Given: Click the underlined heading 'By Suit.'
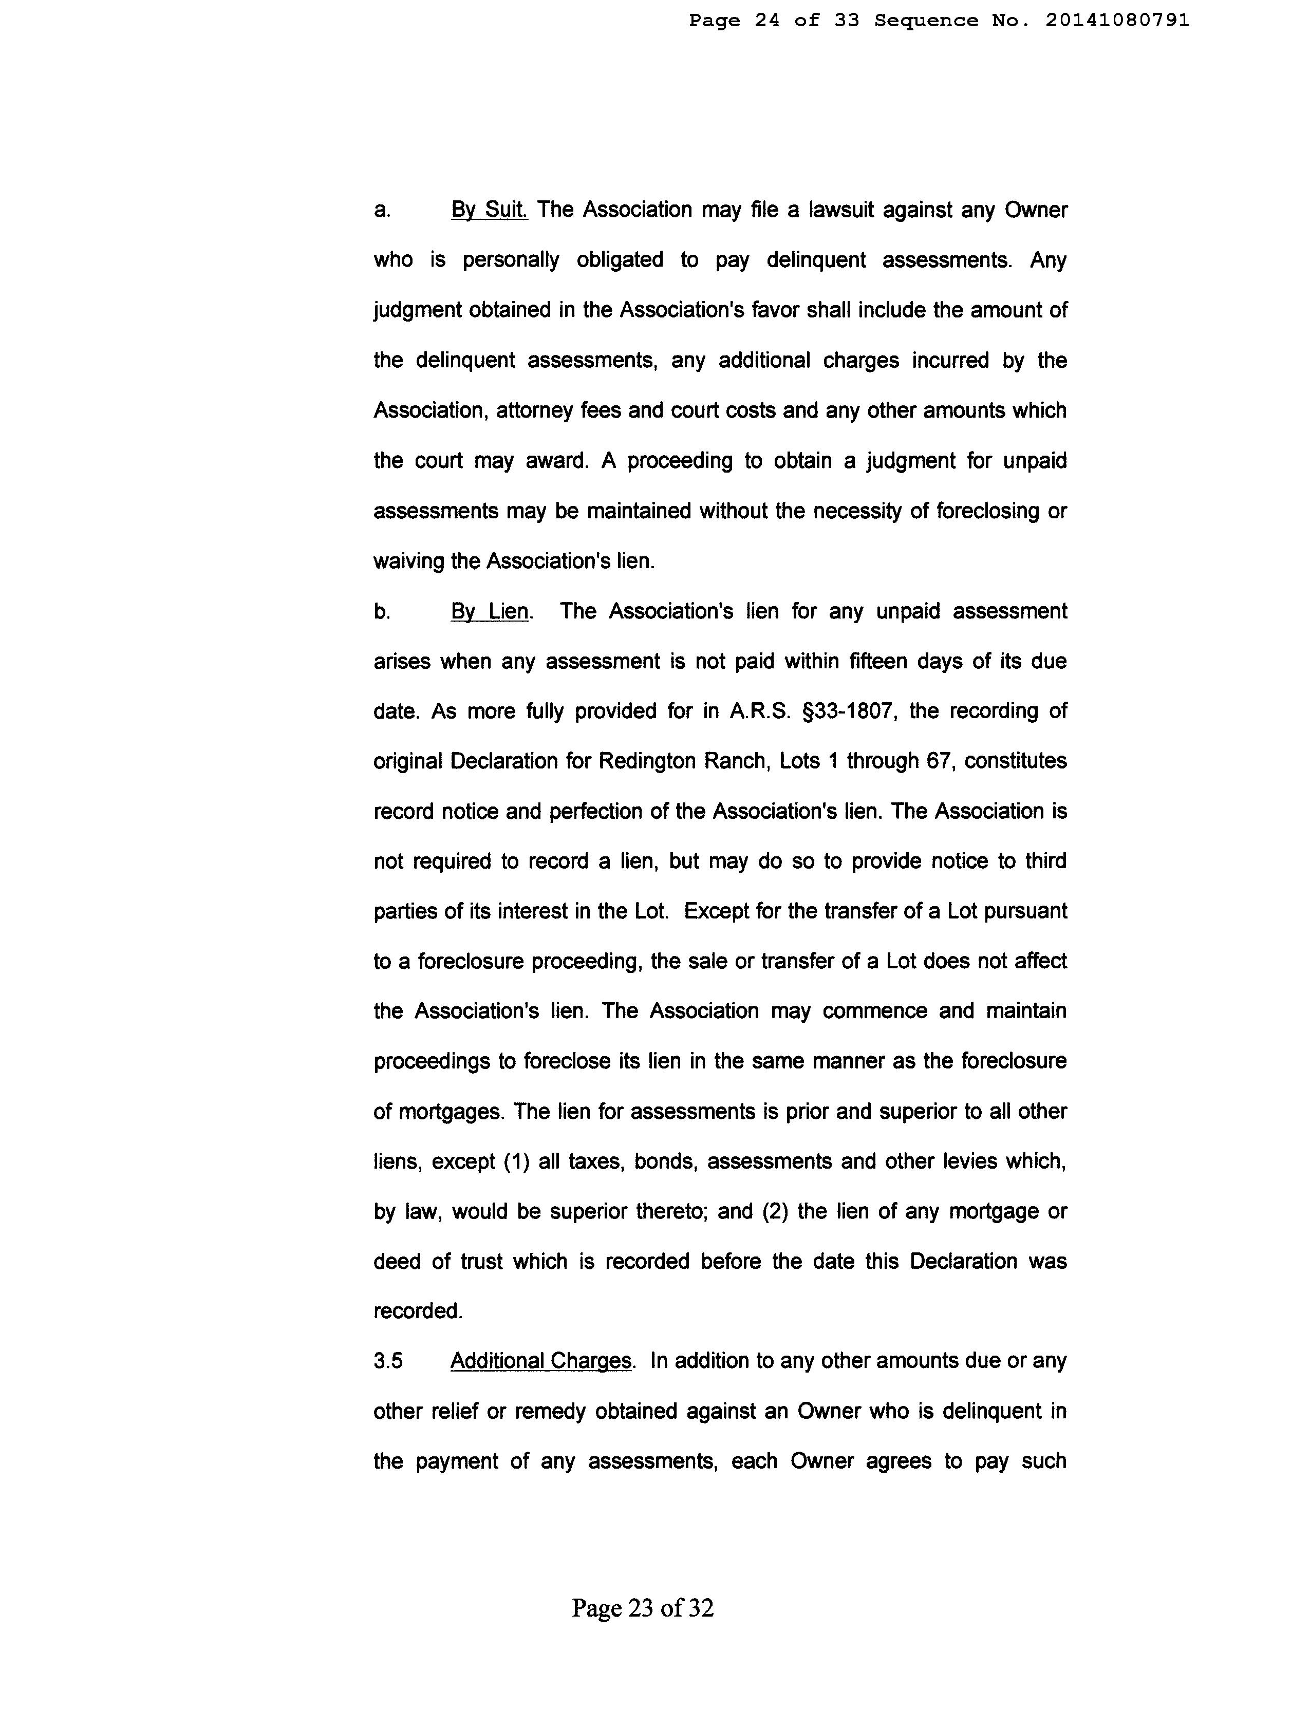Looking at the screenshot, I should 489,210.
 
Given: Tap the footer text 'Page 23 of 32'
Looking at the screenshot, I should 642,1608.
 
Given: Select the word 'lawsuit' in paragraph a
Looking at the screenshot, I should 841,210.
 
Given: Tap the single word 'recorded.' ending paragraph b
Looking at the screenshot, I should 418,1311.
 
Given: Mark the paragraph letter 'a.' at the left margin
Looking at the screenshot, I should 382,210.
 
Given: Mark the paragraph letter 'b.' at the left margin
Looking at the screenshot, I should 382,612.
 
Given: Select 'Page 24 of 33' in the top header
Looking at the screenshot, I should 773,21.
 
